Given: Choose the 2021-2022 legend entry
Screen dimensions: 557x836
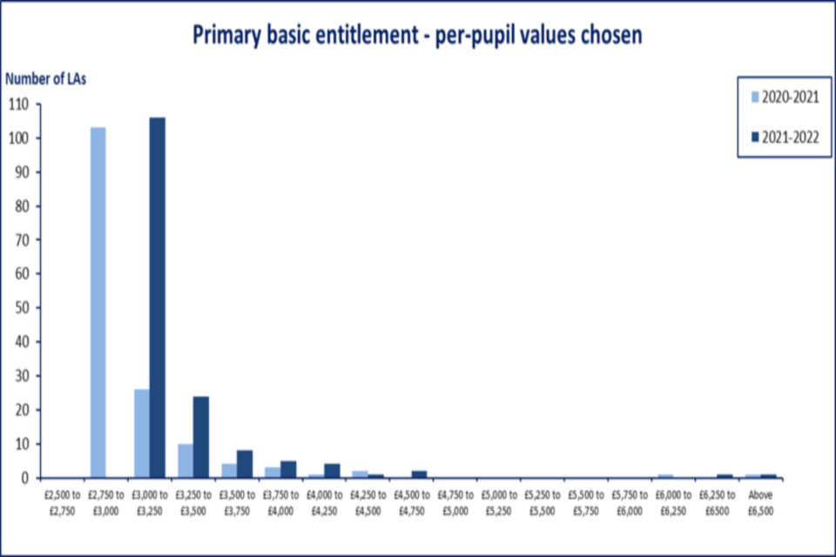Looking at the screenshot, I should [x=784, y=136].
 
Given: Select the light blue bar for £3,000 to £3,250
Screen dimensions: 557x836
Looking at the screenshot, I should [x=141, y=433].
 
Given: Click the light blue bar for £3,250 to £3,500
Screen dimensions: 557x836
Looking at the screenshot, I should [x=185, y=461].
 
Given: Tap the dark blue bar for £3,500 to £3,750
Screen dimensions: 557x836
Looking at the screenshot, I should [x=245, y=464].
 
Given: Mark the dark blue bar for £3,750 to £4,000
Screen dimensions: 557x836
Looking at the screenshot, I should [x=288, y=469].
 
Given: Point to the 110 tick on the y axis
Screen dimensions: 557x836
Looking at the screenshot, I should [x=18, y=104].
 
